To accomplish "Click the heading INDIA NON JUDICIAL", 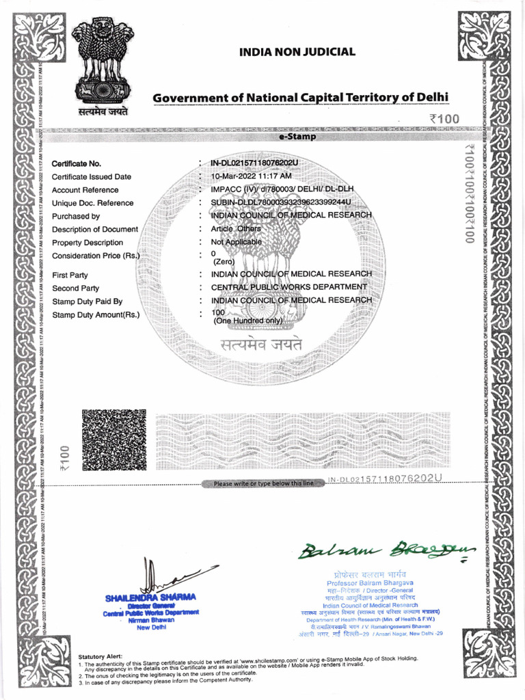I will click(297, 52).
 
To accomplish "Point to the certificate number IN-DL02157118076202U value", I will click(254, 163).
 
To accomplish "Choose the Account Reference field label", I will click(85, 190).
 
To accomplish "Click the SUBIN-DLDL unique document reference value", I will click(280, 203).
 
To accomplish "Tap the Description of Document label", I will click(95, 230).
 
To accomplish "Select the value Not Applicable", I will click(236, 243).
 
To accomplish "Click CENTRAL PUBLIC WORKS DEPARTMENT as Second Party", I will click(289, 288).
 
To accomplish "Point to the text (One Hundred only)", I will click(248, 321).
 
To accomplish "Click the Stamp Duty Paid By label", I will click(87, 301).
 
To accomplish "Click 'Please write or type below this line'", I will click(264, 484).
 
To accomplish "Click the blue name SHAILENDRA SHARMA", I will click(150, 598).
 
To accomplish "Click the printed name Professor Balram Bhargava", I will click(375, 582).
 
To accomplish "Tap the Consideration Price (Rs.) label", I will click(96, 256).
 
